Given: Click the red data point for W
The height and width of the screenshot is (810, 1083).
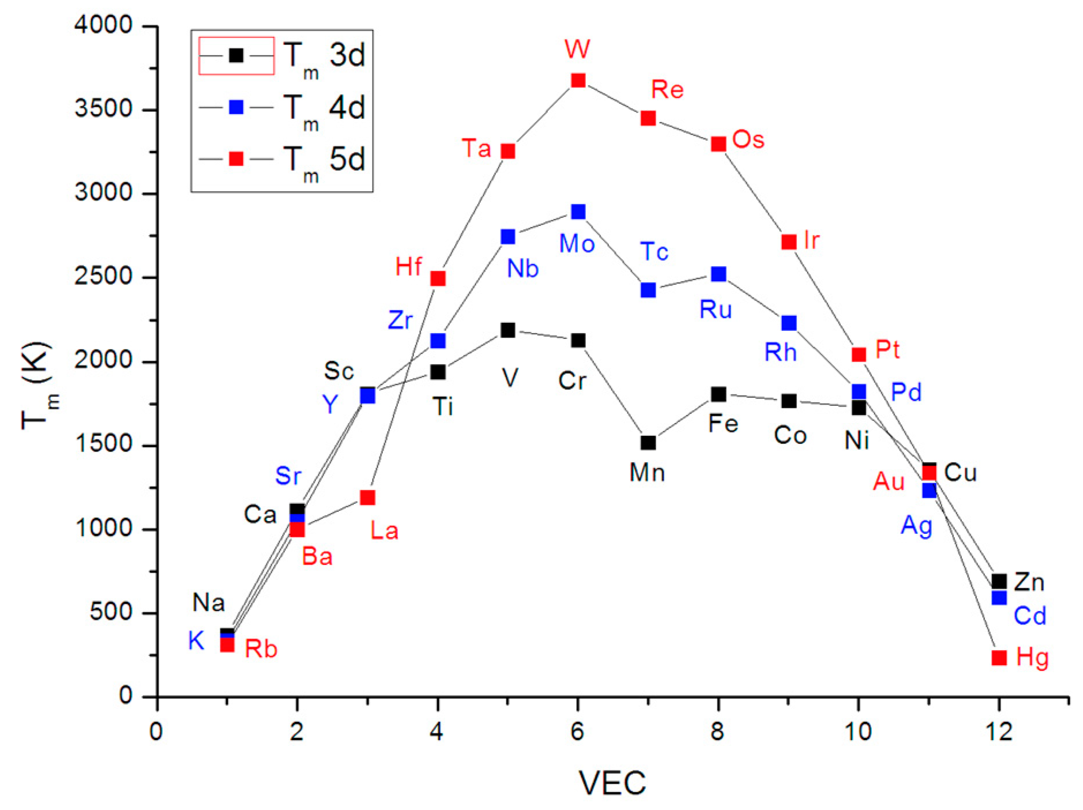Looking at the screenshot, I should pos(578,80).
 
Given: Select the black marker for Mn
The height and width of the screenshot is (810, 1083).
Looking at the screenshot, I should pos(648,443).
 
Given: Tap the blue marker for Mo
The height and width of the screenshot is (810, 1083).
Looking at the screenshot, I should pos(578,212).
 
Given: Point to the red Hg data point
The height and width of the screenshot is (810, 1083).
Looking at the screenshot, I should pos(999,658).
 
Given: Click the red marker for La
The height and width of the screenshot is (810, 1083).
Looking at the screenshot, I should pos(367,498).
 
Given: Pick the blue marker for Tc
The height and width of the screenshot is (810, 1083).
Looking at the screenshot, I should pos(648,290).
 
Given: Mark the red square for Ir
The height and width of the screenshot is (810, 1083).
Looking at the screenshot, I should pos(789,242).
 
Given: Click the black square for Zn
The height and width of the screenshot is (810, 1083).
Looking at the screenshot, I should pos(999,581).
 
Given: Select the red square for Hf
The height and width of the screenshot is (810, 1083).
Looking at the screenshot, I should pos(438,278).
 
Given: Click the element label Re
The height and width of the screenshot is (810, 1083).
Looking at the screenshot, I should pos(667,90).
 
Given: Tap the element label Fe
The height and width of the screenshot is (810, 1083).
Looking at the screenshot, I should pos(723,424).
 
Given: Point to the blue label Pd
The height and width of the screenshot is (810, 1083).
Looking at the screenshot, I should pos(906,393).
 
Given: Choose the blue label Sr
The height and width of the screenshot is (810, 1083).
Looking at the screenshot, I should pos(288,476).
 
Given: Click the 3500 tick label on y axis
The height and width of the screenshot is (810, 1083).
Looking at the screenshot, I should pos(104,109).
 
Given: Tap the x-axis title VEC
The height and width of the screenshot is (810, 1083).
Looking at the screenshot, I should pos(612,783).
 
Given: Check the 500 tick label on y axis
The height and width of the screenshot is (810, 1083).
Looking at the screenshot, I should pos(111,612).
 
